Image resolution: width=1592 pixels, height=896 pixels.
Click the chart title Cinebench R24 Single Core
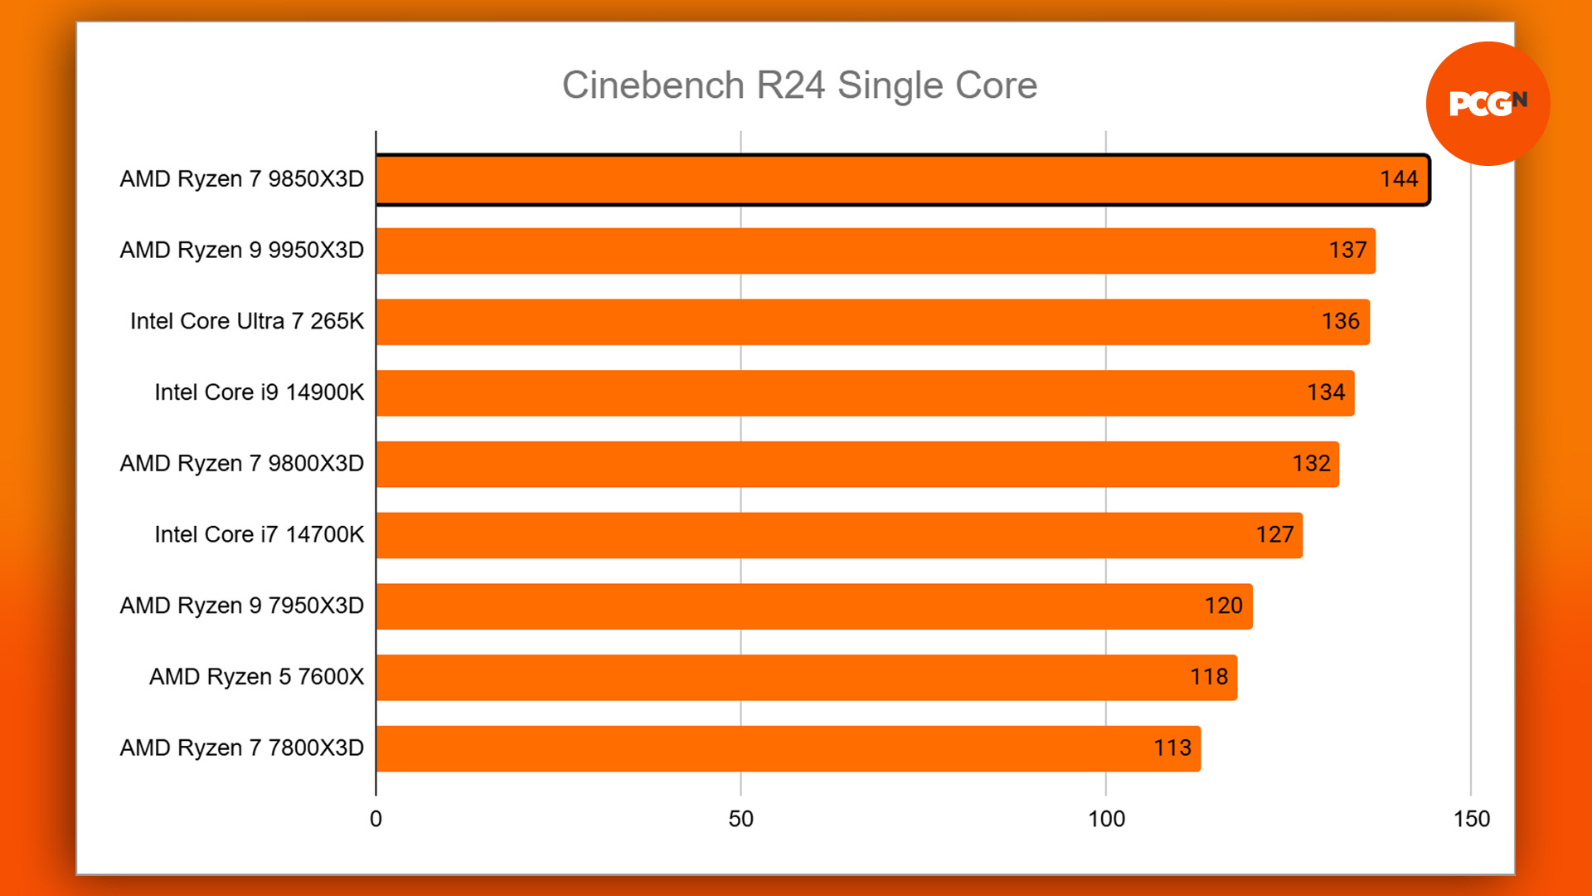[799, 85]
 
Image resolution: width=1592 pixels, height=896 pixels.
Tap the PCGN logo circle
[1488, 104]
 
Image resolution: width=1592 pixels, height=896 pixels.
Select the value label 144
[1399, 179]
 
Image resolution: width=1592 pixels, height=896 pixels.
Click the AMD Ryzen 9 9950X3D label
[241, 251]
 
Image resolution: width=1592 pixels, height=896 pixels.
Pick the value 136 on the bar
[1340, 322]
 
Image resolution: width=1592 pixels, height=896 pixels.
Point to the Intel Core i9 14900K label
[259, 392]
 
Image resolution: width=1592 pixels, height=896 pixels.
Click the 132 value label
[1311, 464]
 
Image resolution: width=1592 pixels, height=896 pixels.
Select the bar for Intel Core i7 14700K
[838, 535]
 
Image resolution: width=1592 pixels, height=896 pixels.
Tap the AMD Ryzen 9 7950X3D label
[241, 606]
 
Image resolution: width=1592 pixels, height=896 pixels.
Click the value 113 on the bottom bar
[1172, 748]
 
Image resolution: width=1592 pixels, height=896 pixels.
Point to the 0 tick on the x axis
[376, 820]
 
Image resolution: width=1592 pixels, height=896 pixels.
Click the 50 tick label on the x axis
[740, 820]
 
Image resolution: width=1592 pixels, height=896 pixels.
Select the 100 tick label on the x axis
[1106, 820]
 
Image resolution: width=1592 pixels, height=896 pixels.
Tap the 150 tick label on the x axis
[1471, 820]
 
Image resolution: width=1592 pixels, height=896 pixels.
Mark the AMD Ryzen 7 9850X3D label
[241, 179]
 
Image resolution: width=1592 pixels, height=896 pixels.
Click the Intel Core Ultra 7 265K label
[247, 322]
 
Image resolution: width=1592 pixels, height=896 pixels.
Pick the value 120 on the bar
[1223, 606]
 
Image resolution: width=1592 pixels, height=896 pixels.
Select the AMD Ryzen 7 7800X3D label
[241, 748]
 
